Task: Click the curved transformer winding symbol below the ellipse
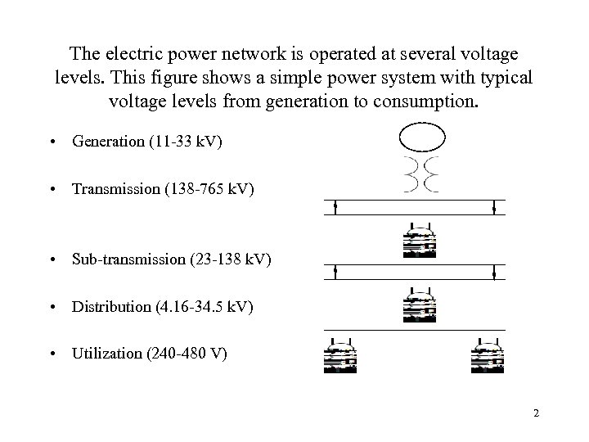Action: (420, 174)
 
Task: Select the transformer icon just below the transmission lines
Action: (420, 241)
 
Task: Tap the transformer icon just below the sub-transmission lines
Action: (420, 306)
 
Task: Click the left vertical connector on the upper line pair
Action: (336, 207)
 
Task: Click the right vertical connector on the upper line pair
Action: (494, 207)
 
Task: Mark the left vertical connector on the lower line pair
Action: (336, 273)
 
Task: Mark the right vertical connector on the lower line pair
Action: (494, 273)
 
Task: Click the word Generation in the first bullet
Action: (107, 142)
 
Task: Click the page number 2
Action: (536, 413)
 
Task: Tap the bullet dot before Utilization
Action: (53, 354)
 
